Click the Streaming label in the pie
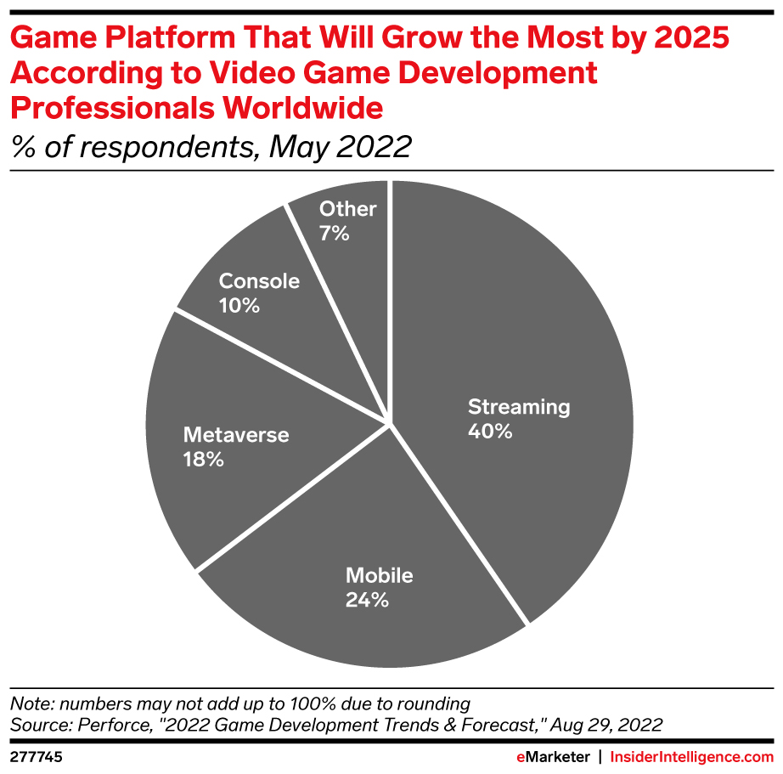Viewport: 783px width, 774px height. pyautogui.click(x=519, y=407)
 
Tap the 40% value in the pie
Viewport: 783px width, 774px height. pyautogui.click(x=490, y=432)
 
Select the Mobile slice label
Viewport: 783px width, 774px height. pyautogui.click(x=379, y=575)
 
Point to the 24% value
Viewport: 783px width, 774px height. pyautogui.click(x=367, y=600)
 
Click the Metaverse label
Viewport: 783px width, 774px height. pyautogui.click(x=236, y=435)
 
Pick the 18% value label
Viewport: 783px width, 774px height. pyautogui.click(x=204, y=460)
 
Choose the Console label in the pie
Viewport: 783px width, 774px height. pyautogui.click(x=259, y=280)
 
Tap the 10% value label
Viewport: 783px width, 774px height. pyautogui.click(x=239, y=305)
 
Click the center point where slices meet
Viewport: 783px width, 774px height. pyautogui.click(x=390, y=422)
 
